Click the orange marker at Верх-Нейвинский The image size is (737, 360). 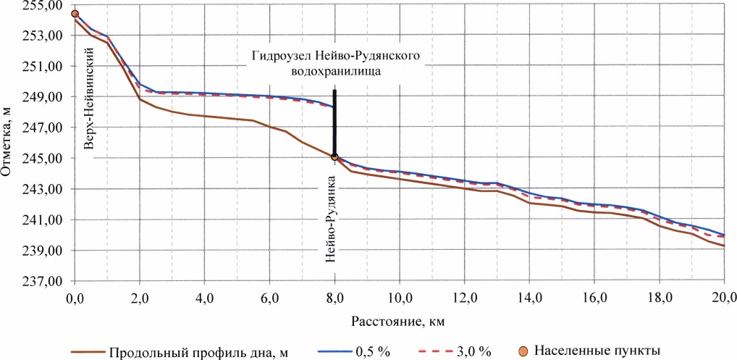pos(75,14)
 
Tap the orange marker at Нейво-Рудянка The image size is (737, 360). pos(334,156)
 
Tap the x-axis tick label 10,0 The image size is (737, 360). pos(400,297)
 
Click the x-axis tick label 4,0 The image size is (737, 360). pos(205,297)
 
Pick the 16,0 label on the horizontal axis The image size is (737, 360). pos(594,297)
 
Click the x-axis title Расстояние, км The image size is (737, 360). pos(399,319)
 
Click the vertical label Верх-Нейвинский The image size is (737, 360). pos(90,99)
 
